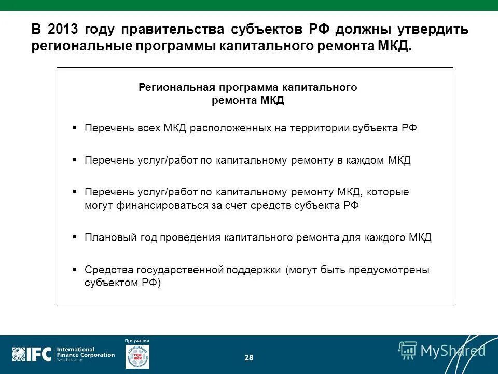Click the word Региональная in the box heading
coord(170,87)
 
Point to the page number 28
coord(249,357)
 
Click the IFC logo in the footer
coord(32,354)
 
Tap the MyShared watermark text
coord(452,351)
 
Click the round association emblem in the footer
coord(137,357)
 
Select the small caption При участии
coord(137,341)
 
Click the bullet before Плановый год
coord(75,237)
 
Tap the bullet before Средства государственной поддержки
coord(75,269)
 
